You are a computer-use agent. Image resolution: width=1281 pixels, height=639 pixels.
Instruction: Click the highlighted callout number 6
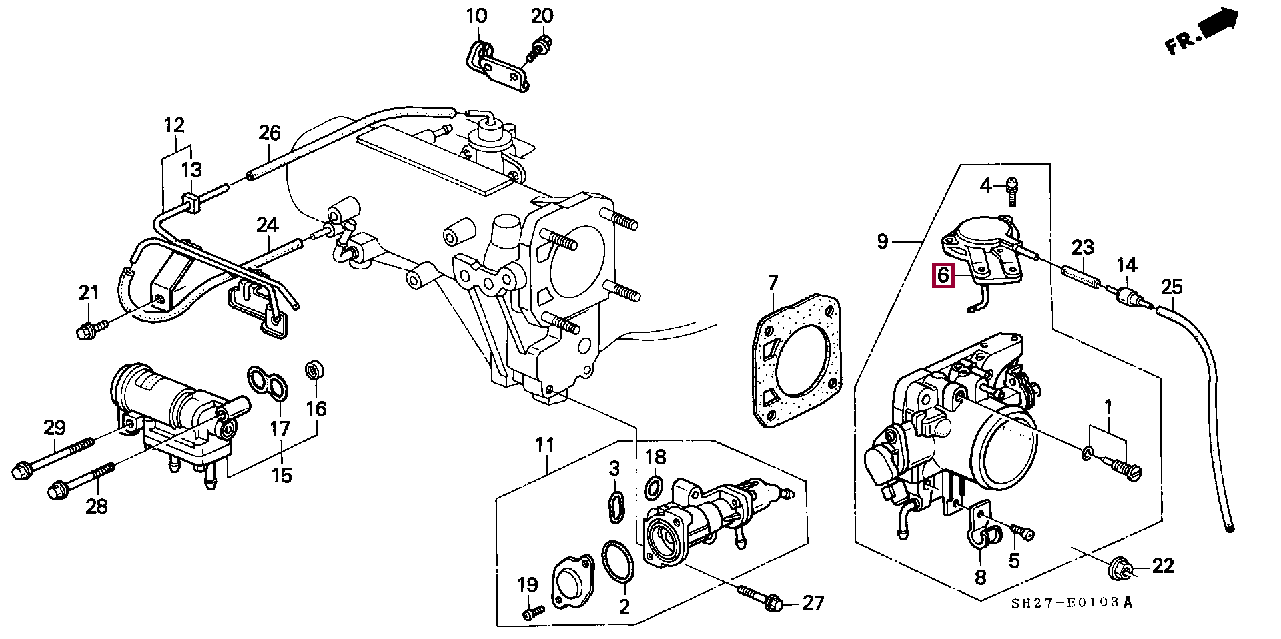click(943, 275)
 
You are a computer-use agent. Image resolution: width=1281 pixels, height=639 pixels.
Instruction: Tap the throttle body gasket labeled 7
click(795, 361)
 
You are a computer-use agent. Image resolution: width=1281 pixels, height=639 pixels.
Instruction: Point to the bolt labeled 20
click(538, 50)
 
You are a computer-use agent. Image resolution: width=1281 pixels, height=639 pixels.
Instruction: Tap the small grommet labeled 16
click(314, 371)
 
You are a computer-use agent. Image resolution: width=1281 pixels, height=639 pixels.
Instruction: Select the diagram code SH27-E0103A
click(1072, 604)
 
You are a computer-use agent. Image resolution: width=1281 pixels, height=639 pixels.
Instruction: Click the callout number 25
click(1172, 287)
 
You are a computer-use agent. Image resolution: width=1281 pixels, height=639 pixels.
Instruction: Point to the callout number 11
click(546, 444)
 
